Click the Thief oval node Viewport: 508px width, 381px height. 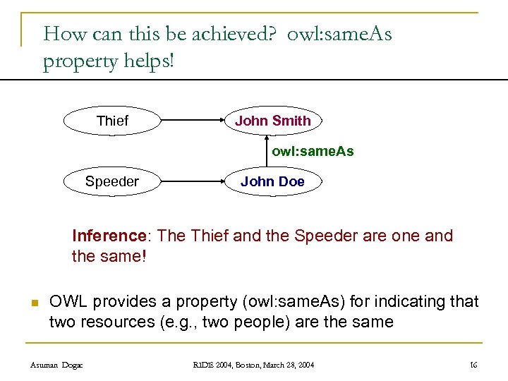tap(113, 121)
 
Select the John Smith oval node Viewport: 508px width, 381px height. tap(273, 121)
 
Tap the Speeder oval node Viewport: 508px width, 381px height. tap(112, 182)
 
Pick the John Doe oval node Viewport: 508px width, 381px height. tap(273, 182)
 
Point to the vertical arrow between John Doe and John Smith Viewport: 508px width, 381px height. tap(267, 151)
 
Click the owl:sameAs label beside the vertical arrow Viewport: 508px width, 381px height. tap(313, 152)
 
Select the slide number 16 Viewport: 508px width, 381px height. tap(473, 364)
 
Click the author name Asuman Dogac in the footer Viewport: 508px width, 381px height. tap(56, 364)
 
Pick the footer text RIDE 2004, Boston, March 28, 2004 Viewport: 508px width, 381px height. tap(255, 364)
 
